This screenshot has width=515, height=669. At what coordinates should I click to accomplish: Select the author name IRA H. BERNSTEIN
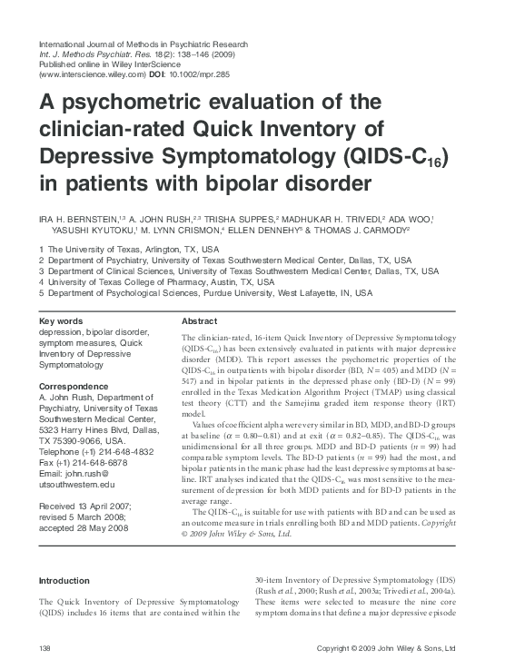(71, 219)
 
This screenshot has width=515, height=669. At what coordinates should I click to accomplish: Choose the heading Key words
(63, 321)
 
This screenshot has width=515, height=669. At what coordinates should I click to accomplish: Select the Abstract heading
(199, 321)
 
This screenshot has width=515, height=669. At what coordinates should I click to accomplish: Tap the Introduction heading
(64, 580)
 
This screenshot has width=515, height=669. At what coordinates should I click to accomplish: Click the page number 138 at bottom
(45, 647)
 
